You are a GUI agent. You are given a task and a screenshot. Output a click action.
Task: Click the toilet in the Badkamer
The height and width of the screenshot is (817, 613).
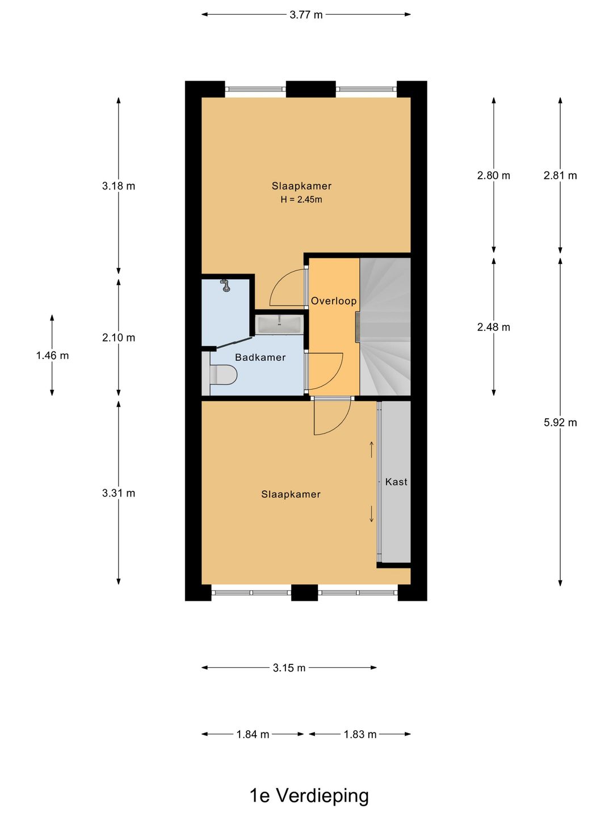pos(223,374)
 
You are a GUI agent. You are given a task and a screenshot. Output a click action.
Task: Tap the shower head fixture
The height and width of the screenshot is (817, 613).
pos(225,285)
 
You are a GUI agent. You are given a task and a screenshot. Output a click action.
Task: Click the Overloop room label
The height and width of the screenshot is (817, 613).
pos(334,301)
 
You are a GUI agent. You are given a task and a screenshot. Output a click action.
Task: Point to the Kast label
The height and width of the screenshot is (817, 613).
pos(396,482)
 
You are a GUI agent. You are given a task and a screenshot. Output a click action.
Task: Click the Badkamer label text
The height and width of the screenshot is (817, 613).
pos(260,357)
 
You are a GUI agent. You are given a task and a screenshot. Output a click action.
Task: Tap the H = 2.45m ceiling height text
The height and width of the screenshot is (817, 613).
pos(301,200)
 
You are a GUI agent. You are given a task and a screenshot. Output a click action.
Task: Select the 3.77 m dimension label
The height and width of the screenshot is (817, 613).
pos(306,15)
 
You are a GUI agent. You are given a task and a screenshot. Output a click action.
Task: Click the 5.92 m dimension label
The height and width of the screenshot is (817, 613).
pos(560,423)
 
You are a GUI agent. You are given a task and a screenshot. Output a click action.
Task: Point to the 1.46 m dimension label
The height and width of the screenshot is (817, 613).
pos(52,356)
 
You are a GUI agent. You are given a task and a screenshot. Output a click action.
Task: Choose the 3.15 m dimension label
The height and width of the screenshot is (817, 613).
pos(289,668)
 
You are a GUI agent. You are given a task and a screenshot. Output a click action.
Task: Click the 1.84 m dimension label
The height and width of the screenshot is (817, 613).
pos(253,734)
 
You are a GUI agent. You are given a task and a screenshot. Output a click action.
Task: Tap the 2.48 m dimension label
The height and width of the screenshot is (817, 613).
pos(494,327)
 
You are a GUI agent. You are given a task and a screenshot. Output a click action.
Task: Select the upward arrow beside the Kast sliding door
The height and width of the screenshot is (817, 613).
pos(371,449)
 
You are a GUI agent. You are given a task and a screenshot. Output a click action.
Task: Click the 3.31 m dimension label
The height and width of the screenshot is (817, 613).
pos(119,493)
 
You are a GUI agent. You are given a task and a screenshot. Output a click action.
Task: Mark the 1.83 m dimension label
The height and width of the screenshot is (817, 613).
pos(360,734)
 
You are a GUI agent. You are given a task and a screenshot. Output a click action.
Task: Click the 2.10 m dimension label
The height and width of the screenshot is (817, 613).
pos(119,338)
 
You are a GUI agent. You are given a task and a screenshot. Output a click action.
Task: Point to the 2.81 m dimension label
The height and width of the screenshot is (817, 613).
pos(560,175)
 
